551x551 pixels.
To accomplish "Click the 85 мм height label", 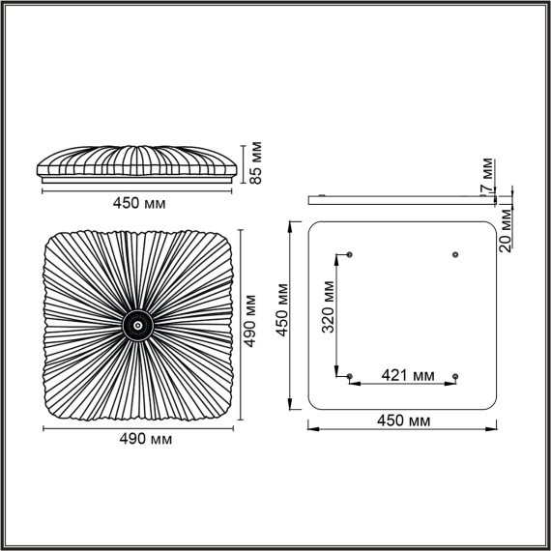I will coord(255,163).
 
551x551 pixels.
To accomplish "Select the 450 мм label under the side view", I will coord(139,205).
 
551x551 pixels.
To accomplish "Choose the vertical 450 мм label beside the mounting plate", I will coord(282,309).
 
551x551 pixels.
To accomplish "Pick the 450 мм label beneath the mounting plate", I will coord(404,421).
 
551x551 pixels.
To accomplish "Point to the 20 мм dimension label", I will coord(505,229).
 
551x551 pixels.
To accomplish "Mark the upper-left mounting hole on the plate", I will coord(350,254).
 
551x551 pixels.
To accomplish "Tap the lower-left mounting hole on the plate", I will coord(350,376).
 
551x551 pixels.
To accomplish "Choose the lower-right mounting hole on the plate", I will coord(455,376).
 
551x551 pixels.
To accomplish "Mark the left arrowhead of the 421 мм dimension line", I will coord(353,384).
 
